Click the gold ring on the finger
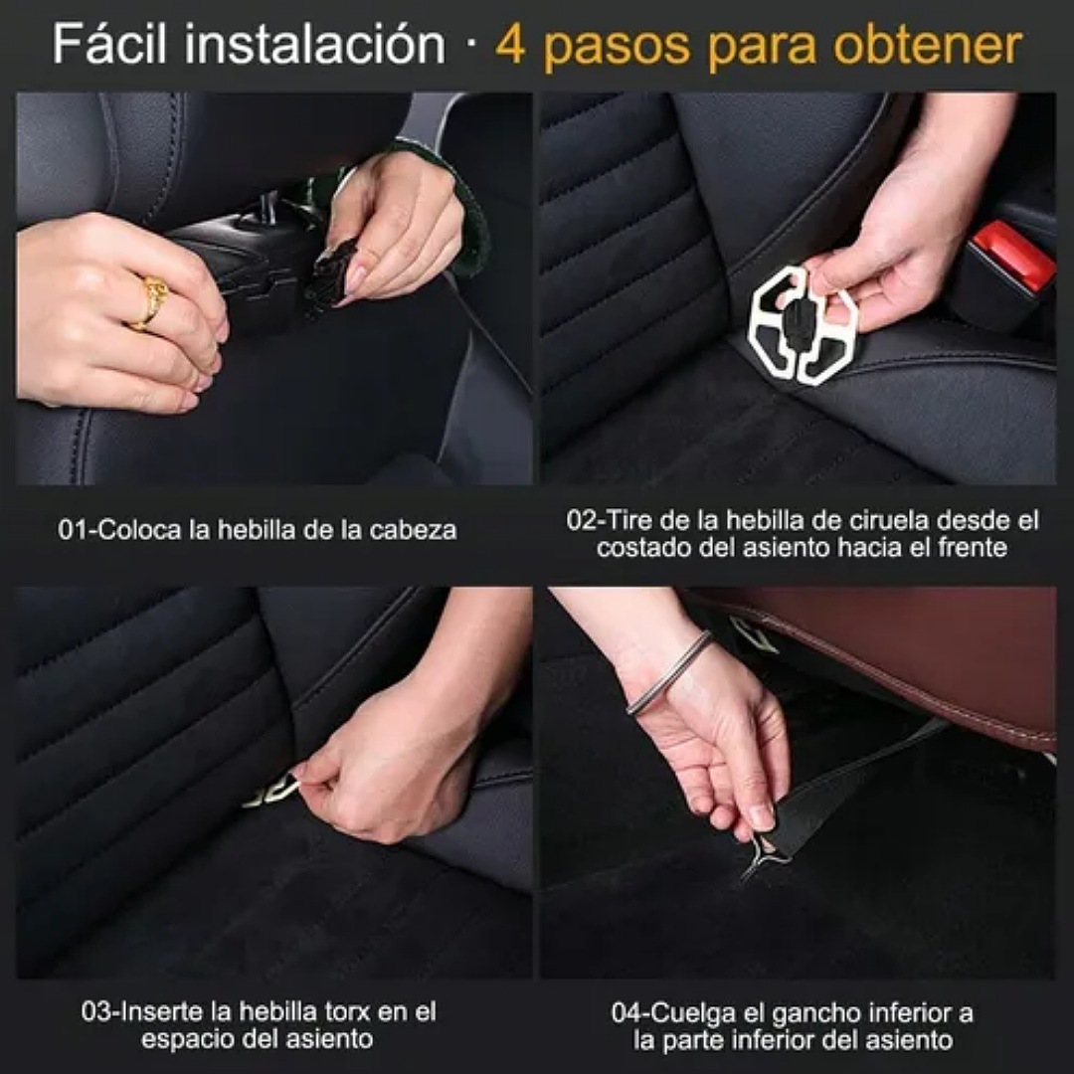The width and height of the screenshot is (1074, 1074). (x=151, y=300)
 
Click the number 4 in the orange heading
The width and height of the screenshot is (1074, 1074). (x=510, y=46)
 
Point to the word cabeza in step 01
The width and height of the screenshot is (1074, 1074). (x=412, y=530)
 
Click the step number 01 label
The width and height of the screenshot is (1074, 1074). (x=73, y=530)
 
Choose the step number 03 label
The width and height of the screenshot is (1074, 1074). (x=96, y=1012)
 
